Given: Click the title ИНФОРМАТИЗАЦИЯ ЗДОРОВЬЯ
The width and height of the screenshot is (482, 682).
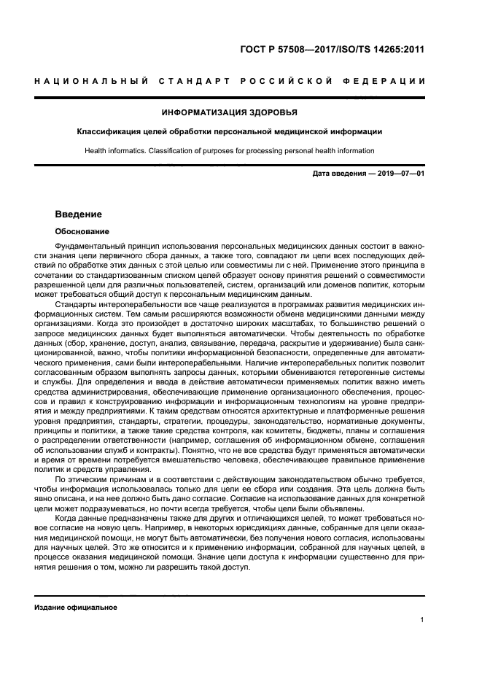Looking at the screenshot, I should [x=229, y=112].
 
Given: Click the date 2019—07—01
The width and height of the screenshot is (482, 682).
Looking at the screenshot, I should [x=400, y=174].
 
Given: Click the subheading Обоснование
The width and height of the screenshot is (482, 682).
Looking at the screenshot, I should [x=79, y=231].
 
